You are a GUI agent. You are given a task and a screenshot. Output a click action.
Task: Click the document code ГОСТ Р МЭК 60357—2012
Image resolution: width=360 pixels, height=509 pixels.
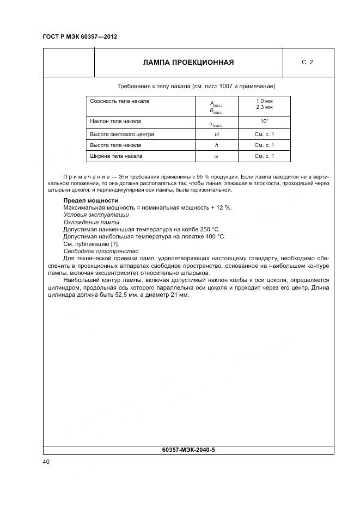click(80, 36)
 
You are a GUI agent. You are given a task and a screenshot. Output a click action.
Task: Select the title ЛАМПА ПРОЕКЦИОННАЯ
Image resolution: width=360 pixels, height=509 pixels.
click(188, 62)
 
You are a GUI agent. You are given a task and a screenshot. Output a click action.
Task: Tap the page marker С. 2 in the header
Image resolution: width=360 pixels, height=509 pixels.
click(307, 62)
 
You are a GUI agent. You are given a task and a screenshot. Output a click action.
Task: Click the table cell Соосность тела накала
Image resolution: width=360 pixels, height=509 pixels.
click(119, 101)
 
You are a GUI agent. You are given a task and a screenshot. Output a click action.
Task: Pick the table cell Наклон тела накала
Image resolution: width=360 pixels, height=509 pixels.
click(115, 121)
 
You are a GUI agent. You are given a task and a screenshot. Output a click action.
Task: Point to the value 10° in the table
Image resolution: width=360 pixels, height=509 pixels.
click(264, 121)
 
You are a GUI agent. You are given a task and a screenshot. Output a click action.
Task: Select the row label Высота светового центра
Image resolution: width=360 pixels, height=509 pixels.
click(122, 134)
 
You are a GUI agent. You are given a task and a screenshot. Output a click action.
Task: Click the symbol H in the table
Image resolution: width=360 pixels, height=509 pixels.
click(216, 134)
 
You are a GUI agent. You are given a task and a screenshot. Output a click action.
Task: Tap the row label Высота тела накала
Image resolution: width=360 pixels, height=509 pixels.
click(115, 145)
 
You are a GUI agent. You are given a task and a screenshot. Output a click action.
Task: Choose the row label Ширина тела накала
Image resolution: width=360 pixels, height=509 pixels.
click(116, 156)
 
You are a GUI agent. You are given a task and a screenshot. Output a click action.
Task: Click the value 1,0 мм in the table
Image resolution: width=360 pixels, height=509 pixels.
click(264, 101)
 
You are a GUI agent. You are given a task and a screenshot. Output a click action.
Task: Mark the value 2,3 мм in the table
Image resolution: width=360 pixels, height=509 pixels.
click(264, 107)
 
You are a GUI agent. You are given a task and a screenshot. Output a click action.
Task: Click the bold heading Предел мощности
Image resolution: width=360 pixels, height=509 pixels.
click(90, 201)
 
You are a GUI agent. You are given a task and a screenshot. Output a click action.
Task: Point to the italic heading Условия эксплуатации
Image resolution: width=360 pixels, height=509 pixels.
click(96, 215)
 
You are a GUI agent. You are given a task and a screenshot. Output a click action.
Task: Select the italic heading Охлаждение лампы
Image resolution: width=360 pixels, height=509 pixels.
click(91, 222)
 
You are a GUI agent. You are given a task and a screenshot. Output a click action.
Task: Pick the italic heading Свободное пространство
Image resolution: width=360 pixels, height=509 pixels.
click(101, 251)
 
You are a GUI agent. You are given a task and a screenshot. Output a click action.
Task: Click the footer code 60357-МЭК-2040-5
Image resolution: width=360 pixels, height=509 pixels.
click(188, 450)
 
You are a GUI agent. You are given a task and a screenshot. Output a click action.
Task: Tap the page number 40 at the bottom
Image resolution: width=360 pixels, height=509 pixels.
click(46, 462)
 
